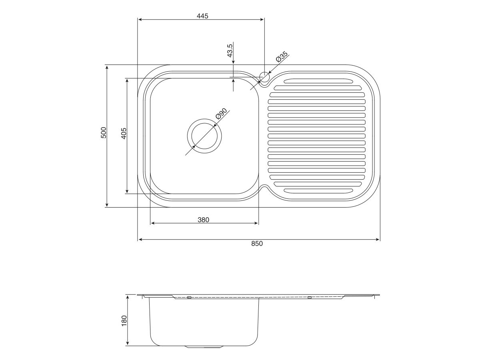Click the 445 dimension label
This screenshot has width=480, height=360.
pos(203,16)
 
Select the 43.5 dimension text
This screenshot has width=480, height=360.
pos(230,51)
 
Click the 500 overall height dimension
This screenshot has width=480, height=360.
pos(104,132)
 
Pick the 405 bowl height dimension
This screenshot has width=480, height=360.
pos(124,133)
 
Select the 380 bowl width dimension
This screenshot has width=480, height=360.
pos(204,219)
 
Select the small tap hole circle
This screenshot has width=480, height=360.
pos(265,76)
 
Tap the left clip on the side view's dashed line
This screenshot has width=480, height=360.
pos(189,298)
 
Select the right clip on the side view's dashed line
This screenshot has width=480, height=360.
pos(309,298)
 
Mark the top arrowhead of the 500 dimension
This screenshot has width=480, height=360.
pos(107,67)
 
